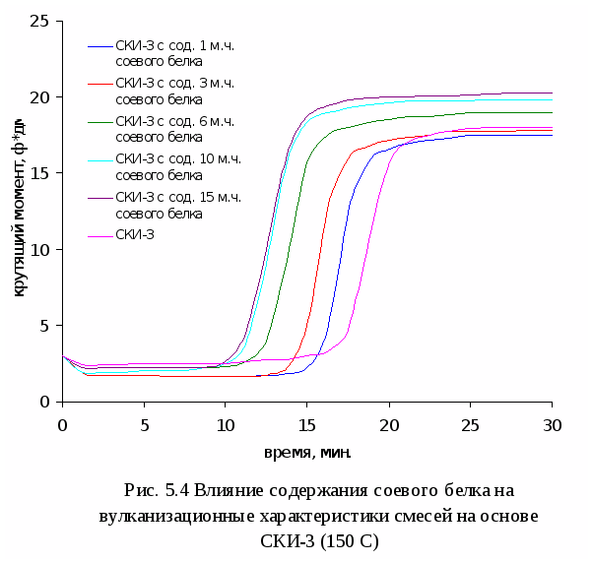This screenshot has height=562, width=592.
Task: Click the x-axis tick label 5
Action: [144, 424]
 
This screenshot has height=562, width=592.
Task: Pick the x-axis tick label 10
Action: [226, 424]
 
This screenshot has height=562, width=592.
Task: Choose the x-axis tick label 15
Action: [307, 424]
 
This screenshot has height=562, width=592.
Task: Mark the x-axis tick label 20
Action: [389, 424]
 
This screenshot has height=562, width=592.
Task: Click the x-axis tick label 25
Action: [471, 424]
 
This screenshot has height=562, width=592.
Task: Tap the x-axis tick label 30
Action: [553, 424]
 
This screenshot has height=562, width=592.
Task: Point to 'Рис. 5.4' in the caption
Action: [157, 490]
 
